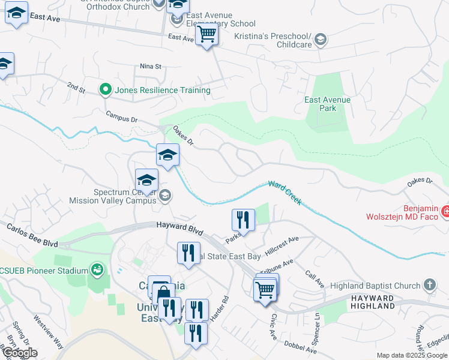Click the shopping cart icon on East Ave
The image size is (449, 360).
206,35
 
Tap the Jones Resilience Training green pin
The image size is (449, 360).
106,90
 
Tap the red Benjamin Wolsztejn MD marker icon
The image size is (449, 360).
445,211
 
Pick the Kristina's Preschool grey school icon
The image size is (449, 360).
321,40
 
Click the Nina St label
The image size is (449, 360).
150,66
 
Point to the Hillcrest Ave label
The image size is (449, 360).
283,243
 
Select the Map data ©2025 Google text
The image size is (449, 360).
412,355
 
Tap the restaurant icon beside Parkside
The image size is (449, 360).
243,219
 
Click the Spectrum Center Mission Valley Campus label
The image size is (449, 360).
113,197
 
